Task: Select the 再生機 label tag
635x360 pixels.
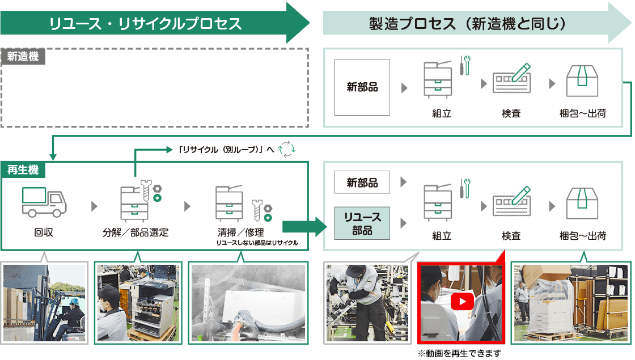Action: coord(23,169)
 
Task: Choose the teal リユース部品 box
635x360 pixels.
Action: coord(362,223)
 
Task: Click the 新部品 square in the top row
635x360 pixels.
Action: coord(362,87)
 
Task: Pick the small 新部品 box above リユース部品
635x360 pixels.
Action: coord(362,183)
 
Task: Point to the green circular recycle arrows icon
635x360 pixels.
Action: coord(287,149)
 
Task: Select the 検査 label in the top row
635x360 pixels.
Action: coord(511,113)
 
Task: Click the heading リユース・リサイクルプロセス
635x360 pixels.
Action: coord(146,24)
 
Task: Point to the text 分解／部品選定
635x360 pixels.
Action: coord(136,232)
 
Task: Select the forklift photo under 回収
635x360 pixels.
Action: coord(44,303)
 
